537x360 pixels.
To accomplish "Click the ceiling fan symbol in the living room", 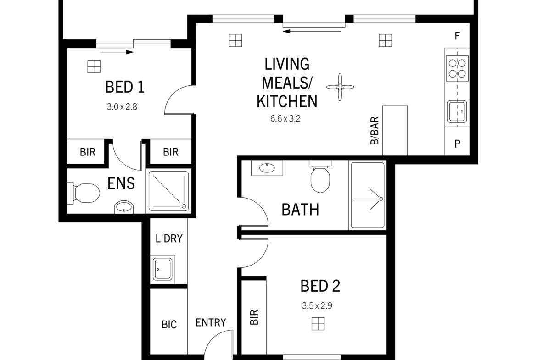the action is click(340, 87).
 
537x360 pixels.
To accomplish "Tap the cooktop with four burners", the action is click(457, 68).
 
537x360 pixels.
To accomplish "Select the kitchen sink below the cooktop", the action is click(457, 111).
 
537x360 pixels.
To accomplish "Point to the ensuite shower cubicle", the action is click(168, 191).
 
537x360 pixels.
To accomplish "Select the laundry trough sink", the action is click(162, 269).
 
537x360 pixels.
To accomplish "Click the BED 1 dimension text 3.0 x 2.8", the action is click(122, 107).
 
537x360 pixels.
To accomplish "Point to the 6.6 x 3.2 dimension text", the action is click(285, 119).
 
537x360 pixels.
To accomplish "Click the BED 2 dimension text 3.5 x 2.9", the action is click(317, 305).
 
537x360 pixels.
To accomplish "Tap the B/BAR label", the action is click(375, 130).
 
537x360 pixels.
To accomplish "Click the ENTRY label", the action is click(211, 322).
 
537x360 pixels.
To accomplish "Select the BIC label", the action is click(169, 324).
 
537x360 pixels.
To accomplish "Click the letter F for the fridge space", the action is click(457, 36).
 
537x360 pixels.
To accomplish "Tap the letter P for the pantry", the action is click(457, 144).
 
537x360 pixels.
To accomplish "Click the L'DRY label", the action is click(169, 238).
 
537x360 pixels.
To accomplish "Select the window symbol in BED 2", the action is click(318, 324).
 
